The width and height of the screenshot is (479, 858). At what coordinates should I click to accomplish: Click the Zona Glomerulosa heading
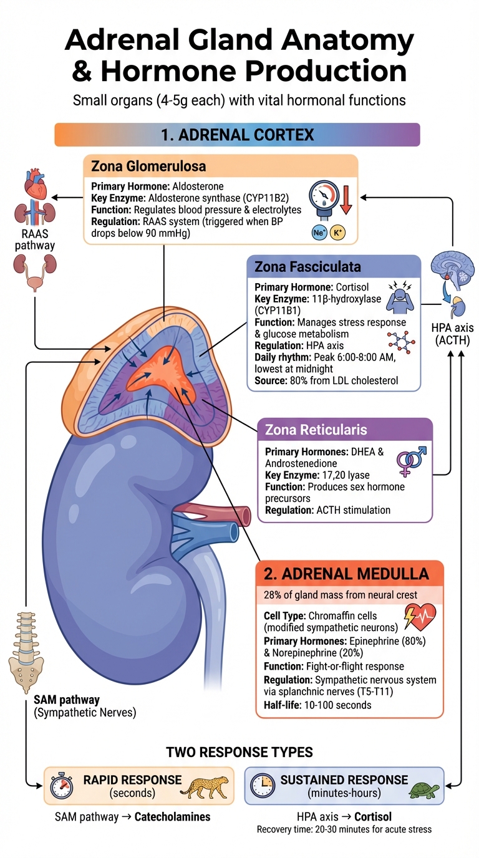(148, 167)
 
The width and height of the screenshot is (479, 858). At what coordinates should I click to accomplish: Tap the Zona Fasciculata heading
(307, 268)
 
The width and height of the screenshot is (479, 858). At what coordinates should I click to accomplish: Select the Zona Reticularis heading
(316, 430)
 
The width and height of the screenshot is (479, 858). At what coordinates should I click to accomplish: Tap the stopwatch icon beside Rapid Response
(62, 786)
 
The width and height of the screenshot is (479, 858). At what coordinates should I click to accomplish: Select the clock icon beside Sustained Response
(264, 785)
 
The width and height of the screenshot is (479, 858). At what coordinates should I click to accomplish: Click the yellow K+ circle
(337, 232)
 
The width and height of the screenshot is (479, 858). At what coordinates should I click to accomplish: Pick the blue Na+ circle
(319, 232)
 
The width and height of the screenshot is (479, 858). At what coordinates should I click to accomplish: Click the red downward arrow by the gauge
(346, 200)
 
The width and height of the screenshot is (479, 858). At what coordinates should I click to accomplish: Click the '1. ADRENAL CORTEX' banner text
(237, 135)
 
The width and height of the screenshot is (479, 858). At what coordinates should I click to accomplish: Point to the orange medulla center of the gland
(159, 370)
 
